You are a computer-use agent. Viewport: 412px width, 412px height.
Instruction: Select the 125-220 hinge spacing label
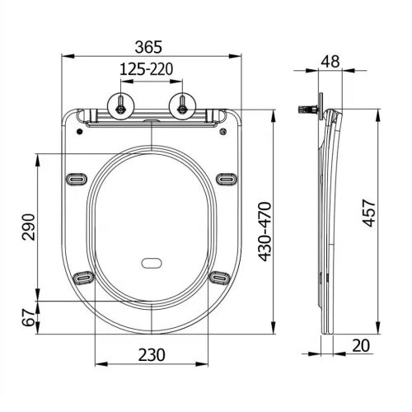pos(150,70)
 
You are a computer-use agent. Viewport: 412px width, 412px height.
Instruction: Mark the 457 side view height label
pos(368,216)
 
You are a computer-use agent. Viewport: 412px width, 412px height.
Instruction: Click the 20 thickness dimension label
pos(359,346)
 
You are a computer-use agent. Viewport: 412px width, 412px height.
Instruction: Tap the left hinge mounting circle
pos(121,105)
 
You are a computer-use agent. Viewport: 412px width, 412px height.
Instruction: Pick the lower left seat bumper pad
pos(82,278)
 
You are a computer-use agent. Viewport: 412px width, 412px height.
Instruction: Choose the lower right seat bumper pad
pos(218,278)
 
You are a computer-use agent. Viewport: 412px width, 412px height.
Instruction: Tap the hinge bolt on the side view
pos(307,108)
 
